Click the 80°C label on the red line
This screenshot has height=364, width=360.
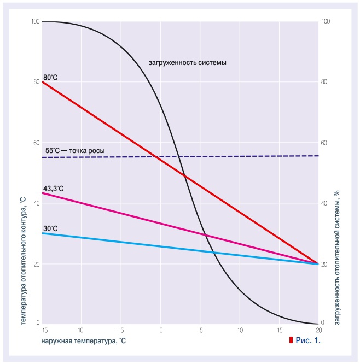pos(50,78)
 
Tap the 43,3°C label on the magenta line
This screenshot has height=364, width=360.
pos(54,189)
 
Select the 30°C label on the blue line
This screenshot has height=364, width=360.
pos(50,228)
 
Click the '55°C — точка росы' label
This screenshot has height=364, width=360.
pos(75,150)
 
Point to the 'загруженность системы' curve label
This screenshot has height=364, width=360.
pos(188,63)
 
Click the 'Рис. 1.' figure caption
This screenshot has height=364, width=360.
pos(307,340)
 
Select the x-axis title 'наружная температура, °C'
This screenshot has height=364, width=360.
pos(83,340)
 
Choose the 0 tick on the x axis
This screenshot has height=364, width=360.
pos(161,331)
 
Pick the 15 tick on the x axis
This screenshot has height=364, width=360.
pos(279,331)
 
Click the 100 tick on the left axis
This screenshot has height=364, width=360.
pos(36,21)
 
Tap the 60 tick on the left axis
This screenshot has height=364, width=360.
pos(37,143)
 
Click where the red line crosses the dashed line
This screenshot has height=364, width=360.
pos(157,157)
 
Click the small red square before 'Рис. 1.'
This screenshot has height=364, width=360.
pos(291,340)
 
